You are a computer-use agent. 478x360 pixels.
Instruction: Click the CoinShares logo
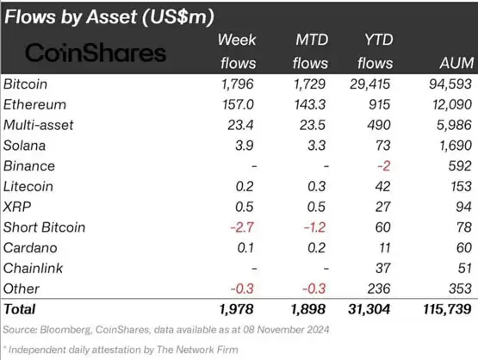(96, 53)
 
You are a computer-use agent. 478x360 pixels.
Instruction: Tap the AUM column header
(456, 63)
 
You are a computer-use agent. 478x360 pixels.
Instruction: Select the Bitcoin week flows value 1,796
(237, 84)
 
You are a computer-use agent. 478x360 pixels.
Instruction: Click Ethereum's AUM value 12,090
(452, 104)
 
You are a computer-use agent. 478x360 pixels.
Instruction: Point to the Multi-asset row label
(39, 125)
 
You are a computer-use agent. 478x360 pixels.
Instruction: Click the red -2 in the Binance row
(383, 166)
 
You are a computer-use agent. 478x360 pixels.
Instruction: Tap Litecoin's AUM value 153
(462, 187)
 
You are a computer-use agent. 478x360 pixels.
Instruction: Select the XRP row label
(17, 207)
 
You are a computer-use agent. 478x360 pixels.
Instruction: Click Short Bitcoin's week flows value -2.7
(242, 227)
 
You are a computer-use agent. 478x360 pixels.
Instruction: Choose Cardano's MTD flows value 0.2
(316, 248)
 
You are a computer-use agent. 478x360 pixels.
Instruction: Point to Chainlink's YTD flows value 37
(383, 268)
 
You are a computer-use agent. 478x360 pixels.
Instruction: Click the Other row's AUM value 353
(460, 289)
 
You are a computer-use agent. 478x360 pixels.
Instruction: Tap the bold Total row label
(20, 309)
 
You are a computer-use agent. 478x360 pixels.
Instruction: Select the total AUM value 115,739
(447, 309)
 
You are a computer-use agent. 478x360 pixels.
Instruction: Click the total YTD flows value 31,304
(369, 309)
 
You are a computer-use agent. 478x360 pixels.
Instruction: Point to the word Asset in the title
(112, 16)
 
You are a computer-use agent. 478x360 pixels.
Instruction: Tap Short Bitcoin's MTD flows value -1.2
(314, 227)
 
